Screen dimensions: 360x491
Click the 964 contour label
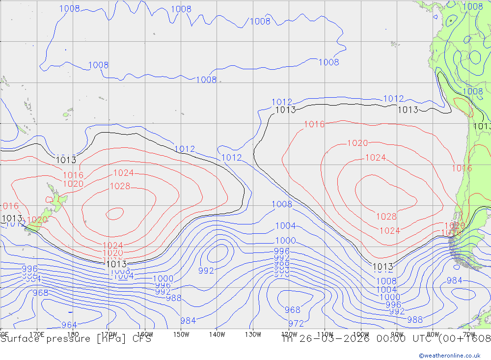click(x=70, y=325)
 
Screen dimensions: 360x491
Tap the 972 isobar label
click(x=296, y=324)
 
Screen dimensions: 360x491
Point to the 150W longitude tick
click(x=181, y=334)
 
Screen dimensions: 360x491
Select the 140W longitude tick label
click(x=217, y=334)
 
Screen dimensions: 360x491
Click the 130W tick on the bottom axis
click(x=253, y=334)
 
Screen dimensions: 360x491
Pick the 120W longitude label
click(x=289, y=334)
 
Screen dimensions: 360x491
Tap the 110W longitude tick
click(x=325, y=334)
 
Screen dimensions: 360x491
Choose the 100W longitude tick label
click(x=361, y=334)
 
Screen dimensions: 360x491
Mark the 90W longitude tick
click(x=397, y=334)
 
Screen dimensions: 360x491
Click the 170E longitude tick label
click(x=37, y=334)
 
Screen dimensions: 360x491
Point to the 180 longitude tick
click(x=73, y=334)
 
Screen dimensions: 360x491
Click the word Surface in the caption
click(x=18, y=339)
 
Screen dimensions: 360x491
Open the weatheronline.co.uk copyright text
click(x=449, y=355)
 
